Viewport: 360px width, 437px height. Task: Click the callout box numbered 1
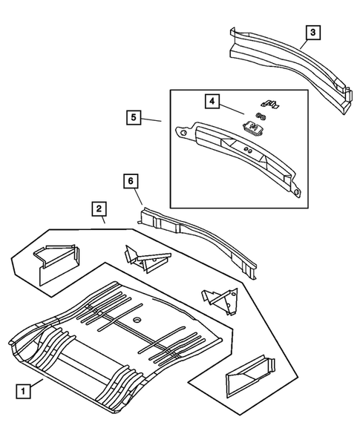(x=25, y=390)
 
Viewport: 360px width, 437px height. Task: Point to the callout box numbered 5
(x=133, y=118)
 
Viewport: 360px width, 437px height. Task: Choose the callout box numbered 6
(x=130, y=180)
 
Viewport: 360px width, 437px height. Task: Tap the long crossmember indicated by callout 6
(x=200, y=237)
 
